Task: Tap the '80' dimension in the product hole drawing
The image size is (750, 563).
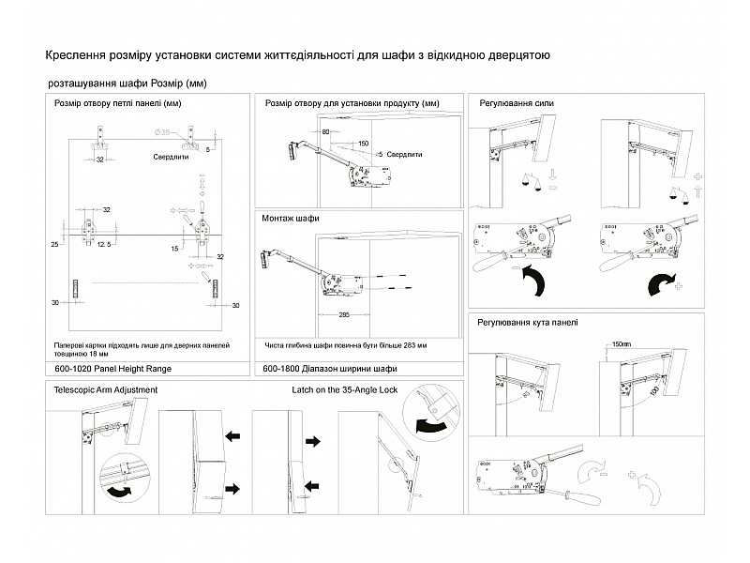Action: point(325,133)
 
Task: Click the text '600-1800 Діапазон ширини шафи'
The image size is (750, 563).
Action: point(324,370)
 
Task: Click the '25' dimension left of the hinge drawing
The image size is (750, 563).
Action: point(55,244)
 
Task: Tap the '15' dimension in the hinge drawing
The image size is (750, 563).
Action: point(175,248)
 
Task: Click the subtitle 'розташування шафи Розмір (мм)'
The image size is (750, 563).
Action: point(126,84)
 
